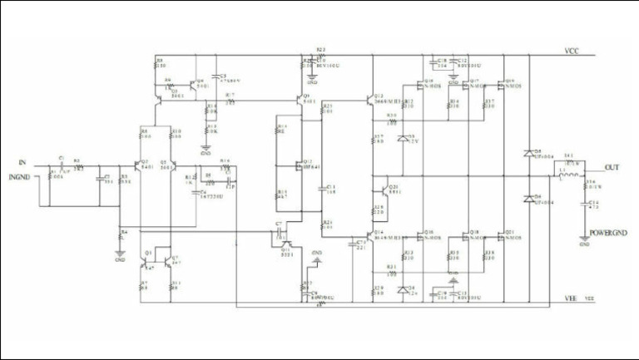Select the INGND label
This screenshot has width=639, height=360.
(x=22, y=176)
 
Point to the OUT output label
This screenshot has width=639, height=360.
(x=612, y=167)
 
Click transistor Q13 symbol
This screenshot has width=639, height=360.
(x=372, y=103)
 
